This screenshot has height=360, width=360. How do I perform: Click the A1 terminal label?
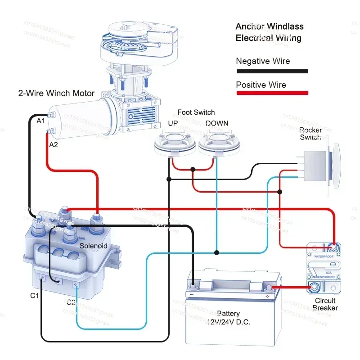(41, 121)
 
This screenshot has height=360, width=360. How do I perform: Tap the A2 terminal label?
(53, 145)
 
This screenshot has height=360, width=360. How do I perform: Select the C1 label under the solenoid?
(35, 296)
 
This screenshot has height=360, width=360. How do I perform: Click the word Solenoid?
(93, 246)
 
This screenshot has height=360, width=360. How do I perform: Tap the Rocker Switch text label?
(310, 134)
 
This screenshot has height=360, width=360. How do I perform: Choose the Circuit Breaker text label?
(325, 304)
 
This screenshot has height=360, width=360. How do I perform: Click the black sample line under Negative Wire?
(272, 71)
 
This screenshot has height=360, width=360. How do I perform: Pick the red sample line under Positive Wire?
(272, 93)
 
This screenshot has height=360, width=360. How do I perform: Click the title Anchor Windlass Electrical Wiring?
(269, 32)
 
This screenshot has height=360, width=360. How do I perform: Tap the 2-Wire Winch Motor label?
(56, 94)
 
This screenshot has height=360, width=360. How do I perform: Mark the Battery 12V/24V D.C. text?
(228, 318)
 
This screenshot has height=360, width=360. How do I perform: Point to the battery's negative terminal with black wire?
(193, 284)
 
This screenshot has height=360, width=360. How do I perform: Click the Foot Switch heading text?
(196, 112)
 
